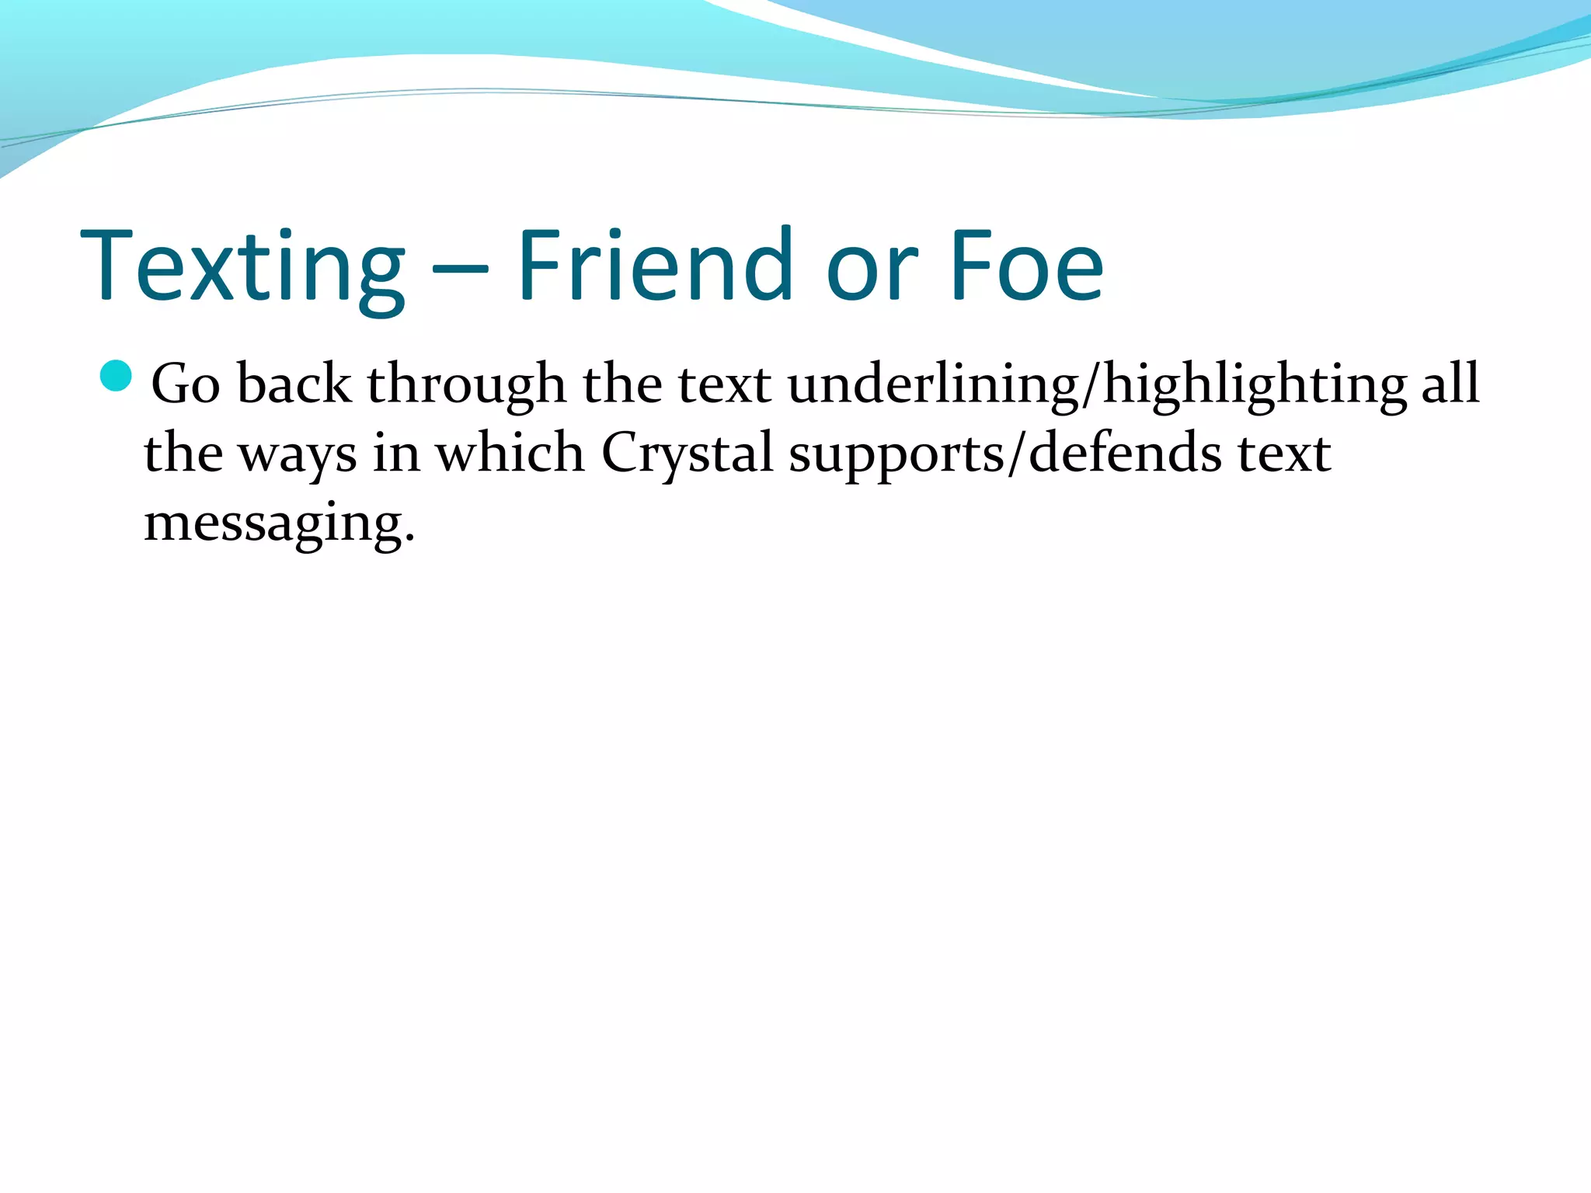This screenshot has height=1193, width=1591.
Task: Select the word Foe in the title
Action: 1026,266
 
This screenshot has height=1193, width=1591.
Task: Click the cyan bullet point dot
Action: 117,377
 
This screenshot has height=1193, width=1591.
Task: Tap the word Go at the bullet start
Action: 186,384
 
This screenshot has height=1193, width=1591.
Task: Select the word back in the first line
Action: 294,384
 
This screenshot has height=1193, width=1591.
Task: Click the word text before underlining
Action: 725,384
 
